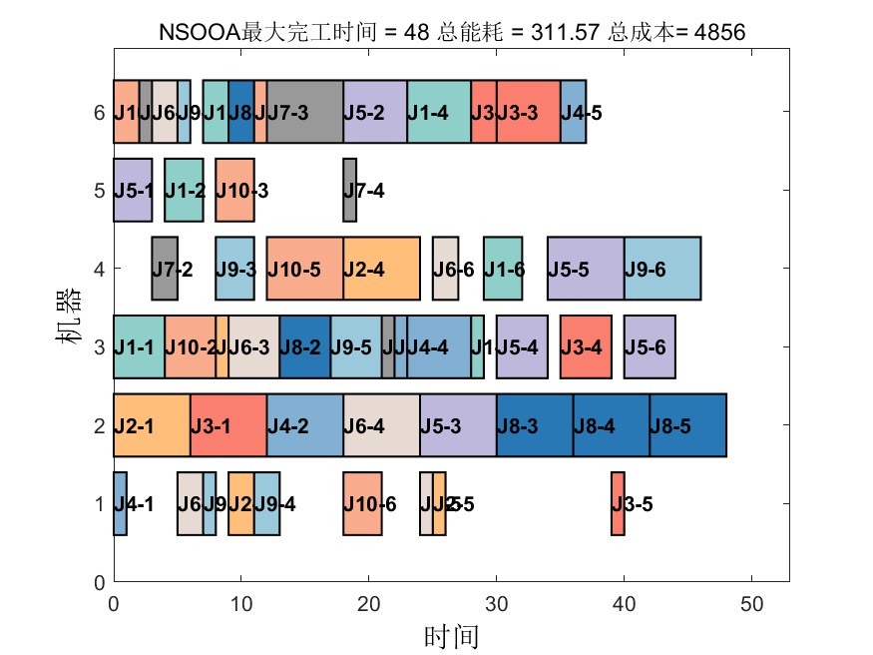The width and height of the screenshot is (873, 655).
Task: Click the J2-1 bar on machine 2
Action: (x=152, y=425)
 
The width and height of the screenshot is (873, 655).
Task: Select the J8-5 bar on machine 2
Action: (x=687, y=425)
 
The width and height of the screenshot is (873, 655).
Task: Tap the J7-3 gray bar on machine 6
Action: (x=304, y=112)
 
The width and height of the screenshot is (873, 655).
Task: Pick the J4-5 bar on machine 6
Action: (x=573, y=112)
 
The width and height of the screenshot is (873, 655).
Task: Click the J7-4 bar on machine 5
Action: (x=349, y=190)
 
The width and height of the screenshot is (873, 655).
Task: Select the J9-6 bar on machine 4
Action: (x=662, y=269)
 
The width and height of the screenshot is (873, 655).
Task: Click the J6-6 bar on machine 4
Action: (x=445, y=269)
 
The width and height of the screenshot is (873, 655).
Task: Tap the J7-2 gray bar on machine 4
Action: (x=165, y=269)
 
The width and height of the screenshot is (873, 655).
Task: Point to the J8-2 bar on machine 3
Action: (x=304, y=346)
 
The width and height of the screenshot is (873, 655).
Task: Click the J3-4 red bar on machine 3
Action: (x=586, y=346)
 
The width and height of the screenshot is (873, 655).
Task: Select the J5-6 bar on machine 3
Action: (x=650, y=346)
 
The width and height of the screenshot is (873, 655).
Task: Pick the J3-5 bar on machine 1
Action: (x=618, y=503)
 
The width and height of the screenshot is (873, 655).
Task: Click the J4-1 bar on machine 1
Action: (x=120, y=503)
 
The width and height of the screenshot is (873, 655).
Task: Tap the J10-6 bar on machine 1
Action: (x=362, y=503)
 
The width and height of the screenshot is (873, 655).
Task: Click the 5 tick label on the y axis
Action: (x=99, y=190)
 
